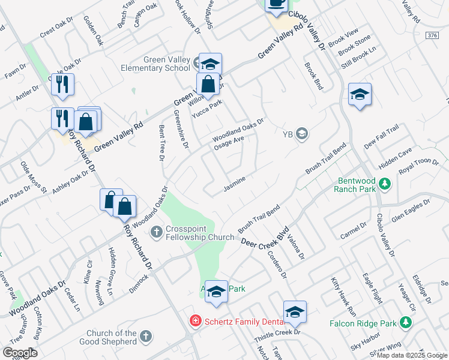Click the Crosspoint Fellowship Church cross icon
[156, 232]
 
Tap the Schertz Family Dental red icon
[195, 322]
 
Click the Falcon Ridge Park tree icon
[406, 323]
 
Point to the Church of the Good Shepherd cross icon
[145, 337]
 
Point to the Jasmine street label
[235, 188]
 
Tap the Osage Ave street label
[229, 142]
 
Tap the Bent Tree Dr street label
[161, 143]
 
